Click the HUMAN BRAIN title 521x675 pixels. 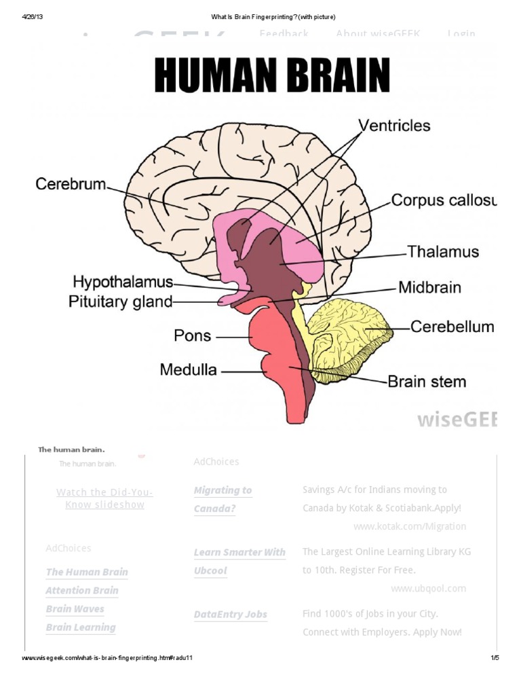tap(272, 75)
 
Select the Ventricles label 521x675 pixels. tap(394, 126)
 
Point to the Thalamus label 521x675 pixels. tap(443, 252)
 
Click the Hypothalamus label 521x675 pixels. tap(123, 281)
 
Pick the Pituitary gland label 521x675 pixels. tap(121, 302)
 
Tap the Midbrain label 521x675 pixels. tap(429, 287)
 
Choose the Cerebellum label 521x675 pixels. tap(452, 327)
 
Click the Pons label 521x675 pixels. tap(193, 335)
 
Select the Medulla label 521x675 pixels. tap(189, 370)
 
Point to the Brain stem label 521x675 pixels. tap(427, 381)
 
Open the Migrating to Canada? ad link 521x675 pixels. tap(223, 499)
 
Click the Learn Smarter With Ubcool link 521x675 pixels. tap(239, 562)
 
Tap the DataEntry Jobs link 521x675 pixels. tap(231, 615)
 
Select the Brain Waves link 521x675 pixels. tap(75, 609)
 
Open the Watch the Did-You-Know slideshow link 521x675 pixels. tap(104, 498)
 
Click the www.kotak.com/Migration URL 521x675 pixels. tap(410, 526)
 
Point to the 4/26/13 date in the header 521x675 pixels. tap(32, 16)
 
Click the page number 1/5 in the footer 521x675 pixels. tap(495, 658)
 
